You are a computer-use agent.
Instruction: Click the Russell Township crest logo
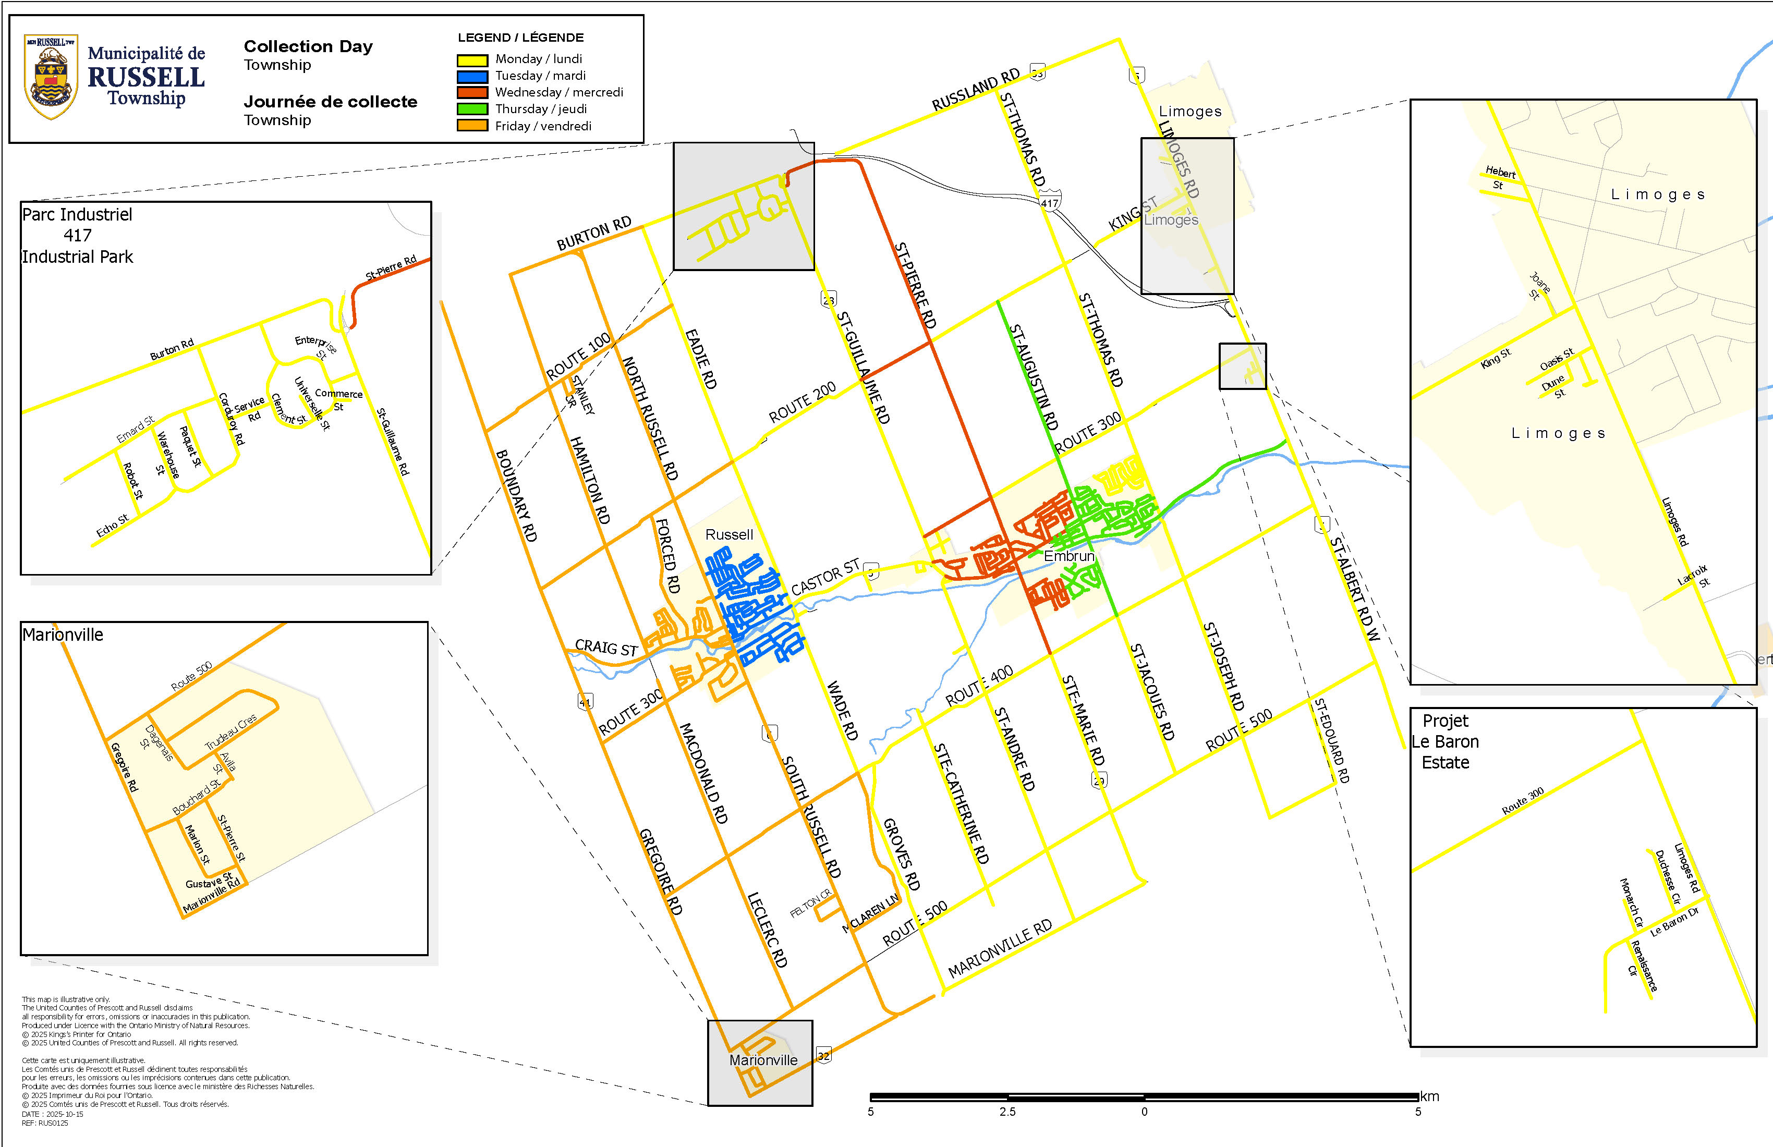(x=51, y=77)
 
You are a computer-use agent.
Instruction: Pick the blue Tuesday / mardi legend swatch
(x=472, y=77)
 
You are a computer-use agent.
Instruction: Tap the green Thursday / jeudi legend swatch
(x=472, y=109)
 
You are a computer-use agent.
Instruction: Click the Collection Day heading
(x=308, y=46)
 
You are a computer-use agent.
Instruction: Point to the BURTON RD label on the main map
(x=594, y=233)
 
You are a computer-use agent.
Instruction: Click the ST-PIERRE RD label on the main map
(x=915, y=285)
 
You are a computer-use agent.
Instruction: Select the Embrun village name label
(x=1069, y=556)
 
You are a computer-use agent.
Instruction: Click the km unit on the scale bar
(x=1429, y=1096)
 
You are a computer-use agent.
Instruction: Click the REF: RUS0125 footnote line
(x=45, y=1123)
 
